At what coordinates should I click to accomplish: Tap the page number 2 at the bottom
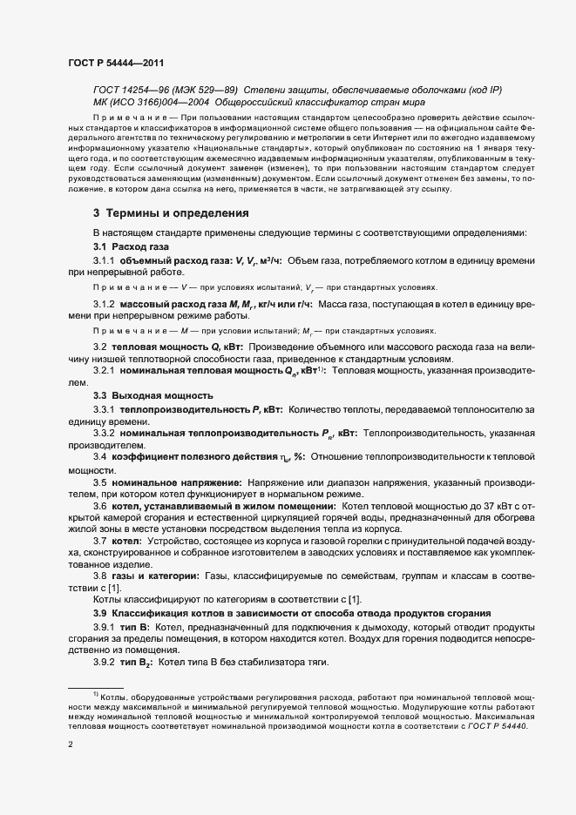[x=71, y=745]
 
